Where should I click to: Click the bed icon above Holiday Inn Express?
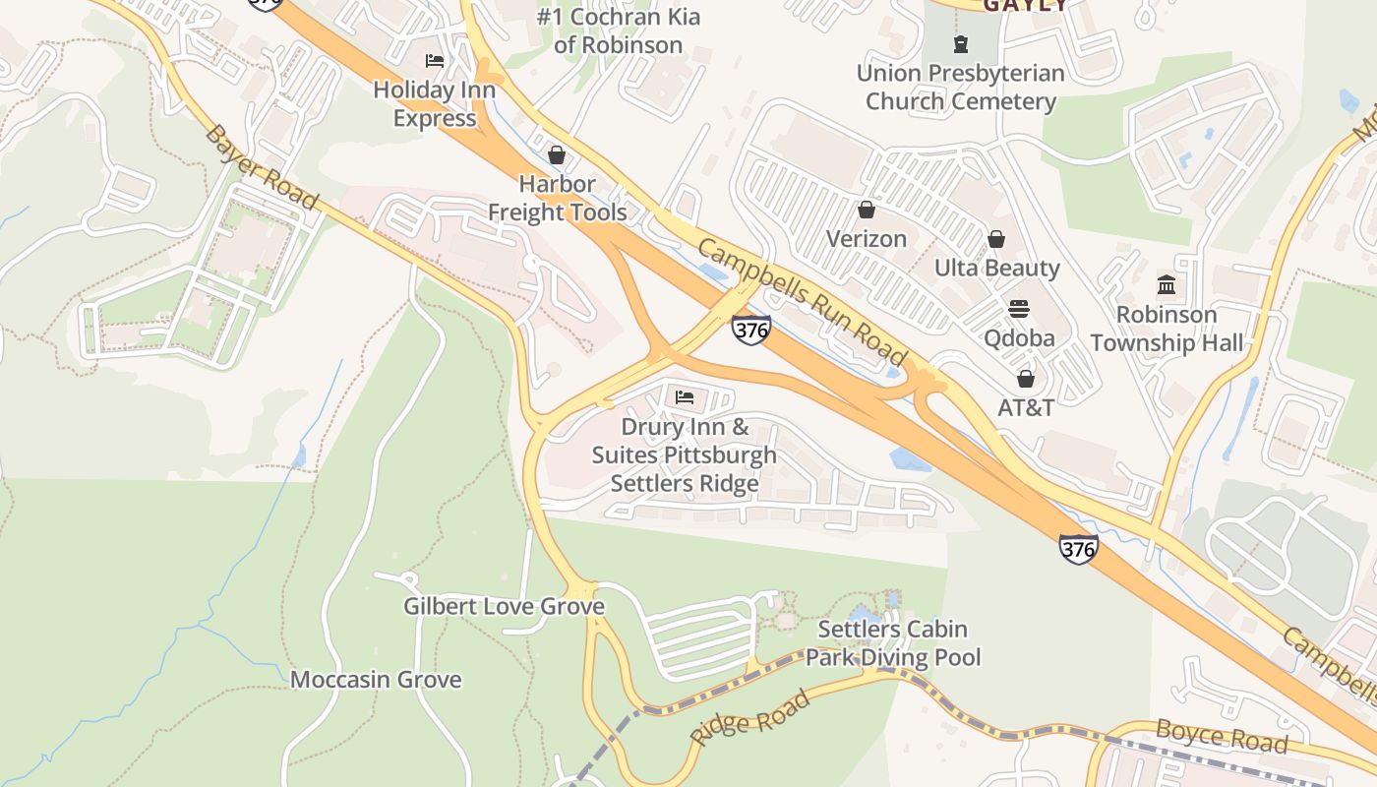tap(435, 61)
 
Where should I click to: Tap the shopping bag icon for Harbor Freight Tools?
tap(557, 154)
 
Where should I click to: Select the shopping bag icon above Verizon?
tap(867, 210)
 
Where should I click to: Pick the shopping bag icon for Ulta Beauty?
tap(996, 239)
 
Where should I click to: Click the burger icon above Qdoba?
tap(1019, 309)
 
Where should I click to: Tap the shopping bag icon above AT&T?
tap(1026, 379)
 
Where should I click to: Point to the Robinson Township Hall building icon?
tap(1167, 285)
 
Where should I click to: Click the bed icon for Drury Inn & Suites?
tap(685, 397)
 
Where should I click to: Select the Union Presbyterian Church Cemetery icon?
tap(960, 43)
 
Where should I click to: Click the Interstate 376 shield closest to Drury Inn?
tap(750, 330)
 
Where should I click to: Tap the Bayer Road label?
tap(262, 166)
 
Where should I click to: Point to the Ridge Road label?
tap(750, 717)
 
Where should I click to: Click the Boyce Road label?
tap(1221, 736)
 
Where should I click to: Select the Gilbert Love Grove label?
tap(504, 606)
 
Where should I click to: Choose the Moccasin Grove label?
tap(376, 680)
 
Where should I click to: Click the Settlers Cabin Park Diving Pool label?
tap(893, 643)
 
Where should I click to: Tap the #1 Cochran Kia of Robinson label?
tap(618, 30)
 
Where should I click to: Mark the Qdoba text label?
tap(1019, 338)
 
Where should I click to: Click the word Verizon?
tap(867, 239)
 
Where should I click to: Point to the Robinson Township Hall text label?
tap(1167, 329)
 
